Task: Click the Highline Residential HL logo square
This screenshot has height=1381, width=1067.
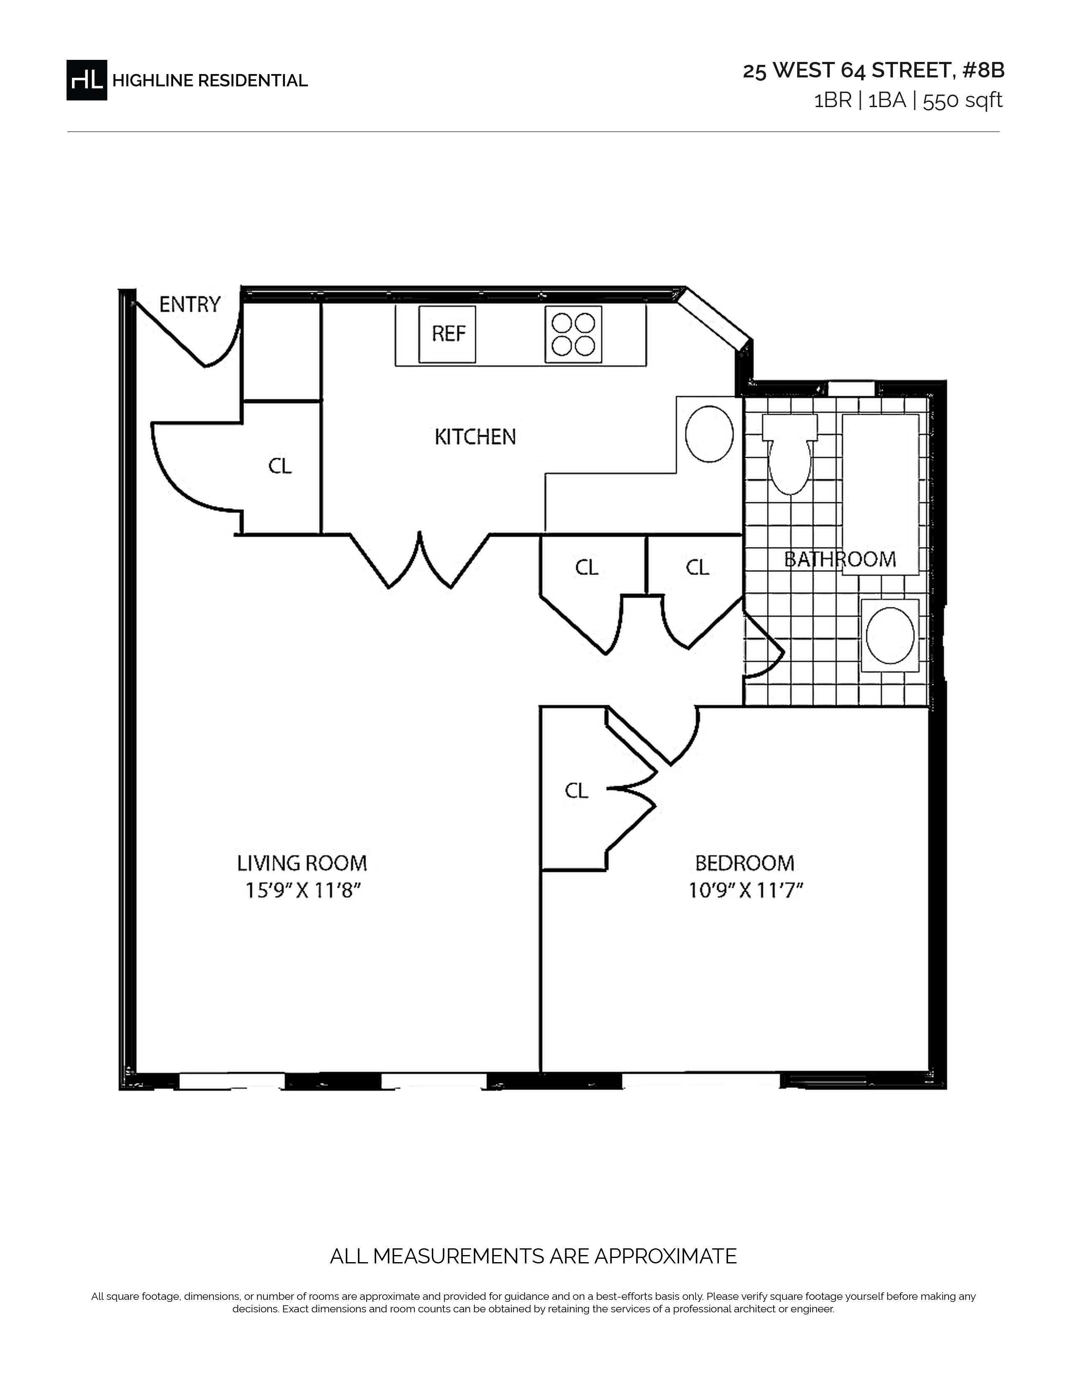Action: point(87,80)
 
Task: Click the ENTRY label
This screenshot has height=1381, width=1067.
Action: point(190,305)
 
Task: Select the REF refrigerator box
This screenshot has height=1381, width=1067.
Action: point(448,334)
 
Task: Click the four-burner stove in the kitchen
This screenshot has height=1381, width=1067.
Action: point(573,334)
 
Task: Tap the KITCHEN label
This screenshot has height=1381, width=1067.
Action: point(475,437)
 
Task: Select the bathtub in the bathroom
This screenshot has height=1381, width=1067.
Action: point(880,495)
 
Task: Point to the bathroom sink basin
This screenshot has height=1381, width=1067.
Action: point(890,635)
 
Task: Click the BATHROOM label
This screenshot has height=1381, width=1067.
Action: point(840,560)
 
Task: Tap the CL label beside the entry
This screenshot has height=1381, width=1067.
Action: point(280,466)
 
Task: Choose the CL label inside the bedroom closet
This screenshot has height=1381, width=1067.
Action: point(577,791)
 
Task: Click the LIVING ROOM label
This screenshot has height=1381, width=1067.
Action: point(302,863)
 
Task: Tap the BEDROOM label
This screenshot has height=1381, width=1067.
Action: point(745,863)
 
